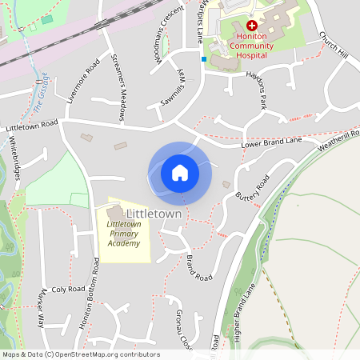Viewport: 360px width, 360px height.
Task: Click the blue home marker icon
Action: [x=180, y=172]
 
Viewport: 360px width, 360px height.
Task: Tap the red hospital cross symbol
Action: [x=230, y=26]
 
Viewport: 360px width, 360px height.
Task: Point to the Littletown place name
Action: [x=154, y=214]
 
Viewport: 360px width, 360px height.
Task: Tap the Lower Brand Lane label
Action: [x=271, y=142]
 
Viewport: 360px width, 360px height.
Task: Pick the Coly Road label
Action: [x=67, y=290]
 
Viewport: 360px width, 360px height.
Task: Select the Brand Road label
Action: [x=199, y=266]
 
